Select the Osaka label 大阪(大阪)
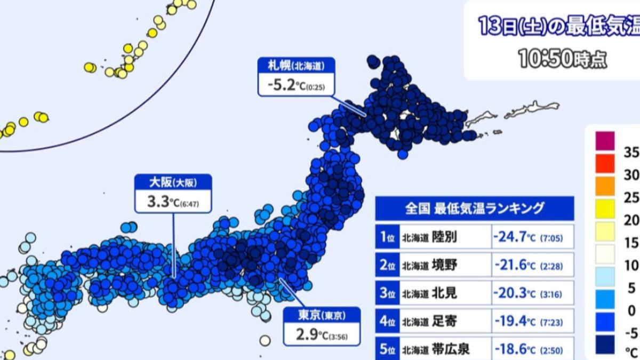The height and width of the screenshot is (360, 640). click(x=173, y=183)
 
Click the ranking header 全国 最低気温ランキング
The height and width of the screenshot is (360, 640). click(x=474, y=208)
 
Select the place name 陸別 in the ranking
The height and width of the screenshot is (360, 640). click(x=445, y=237)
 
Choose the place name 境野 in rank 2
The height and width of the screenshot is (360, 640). click(x=445, y=265)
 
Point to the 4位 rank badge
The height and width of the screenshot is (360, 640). click(x=387, y=321)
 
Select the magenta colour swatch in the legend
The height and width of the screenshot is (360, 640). click(x=605, y=141)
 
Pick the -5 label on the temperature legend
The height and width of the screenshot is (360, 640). click(x=631, y=334)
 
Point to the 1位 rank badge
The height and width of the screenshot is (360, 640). click(x=387, y=237)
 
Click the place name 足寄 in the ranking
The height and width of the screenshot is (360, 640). click(x=445, y=321)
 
